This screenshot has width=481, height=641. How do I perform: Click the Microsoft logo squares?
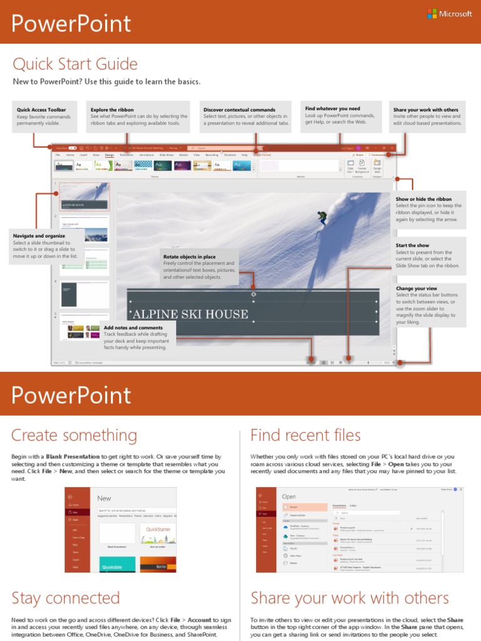point(432,14)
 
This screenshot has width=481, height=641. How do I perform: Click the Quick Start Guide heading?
point(75,64)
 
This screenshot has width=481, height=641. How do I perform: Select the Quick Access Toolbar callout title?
point(41,110)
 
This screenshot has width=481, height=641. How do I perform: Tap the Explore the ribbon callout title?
point(112,110)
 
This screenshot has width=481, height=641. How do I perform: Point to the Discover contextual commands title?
point(239,110)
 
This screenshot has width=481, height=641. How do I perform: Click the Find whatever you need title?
point(333,109)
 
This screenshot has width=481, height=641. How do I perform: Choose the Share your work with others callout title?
point(426,110)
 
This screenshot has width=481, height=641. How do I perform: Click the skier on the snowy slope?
point(322,218)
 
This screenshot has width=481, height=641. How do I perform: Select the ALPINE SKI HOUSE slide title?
point(190,314)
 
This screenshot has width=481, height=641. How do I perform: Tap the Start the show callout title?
point(413,245)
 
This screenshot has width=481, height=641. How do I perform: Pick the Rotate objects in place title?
point(190,257)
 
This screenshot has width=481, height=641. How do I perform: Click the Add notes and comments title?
point(133,327)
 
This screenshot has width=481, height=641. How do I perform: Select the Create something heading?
point(74,435)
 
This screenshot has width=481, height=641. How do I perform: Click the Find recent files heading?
point(306,435)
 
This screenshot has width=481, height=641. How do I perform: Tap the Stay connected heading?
point(66,598)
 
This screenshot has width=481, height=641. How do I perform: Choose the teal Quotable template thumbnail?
point(116,564)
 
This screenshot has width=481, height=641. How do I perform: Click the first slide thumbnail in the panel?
point(85,197)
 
